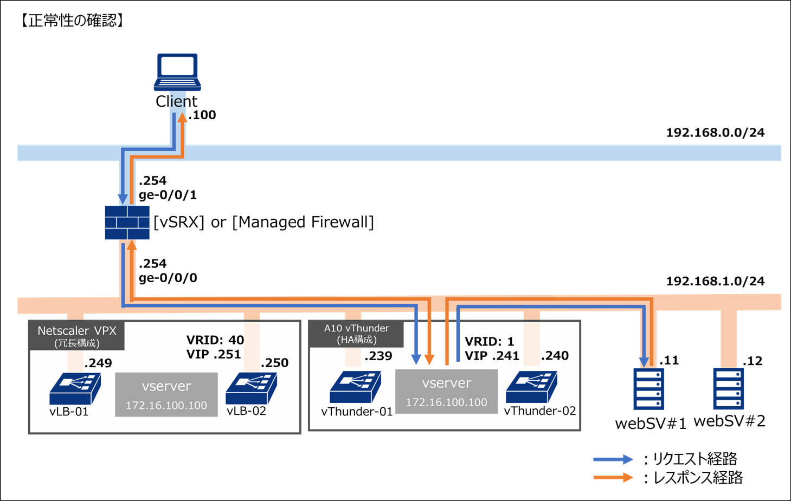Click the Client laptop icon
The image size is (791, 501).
coord(177,71)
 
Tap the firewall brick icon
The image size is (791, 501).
coord(127,222)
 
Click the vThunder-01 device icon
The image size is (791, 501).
coord(355,387)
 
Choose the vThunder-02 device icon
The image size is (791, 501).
coord(531,387)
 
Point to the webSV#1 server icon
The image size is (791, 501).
coord(648,389)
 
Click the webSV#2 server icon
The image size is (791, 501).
coord(728,388)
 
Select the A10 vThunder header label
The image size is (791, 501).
coord(356,334)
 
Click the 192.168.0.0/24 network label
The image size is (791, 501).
coord(715,133)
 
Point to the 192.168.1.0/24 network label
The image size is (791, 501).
coord(715,281)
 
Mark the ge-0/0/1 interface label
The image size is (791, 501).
coord(168,195)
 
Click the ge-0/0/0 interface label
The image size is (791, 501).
coord(168,278)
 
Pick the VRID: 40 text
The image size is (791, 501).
coord(215,340)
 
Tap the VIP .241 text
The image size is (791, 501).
coord(492,356)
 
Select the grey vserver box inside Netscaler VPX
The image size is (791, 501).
coord(166,394)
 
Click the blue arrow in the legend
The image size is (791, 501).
coord(613,459)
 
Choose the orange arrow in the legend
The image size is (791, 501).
coord(613,478)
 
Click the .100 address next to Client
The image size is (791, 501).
coord(202,115)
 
